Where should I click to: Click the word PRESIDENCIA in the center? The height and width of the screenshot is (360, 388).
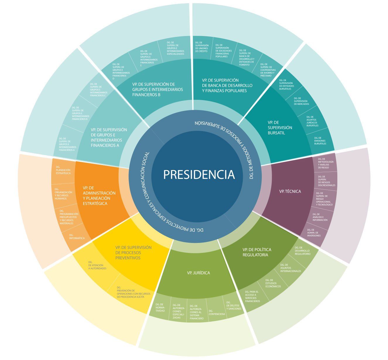[x=199, y=174]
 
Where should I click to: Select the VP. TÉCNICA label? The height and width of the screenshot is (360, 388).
[x=290, y=191]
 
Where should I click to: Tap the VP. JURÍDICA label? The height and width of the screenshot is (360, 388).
[x=199, y=273]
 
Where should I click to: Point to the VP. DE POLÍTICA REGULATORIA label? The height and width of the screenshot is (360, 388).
[x=257, y=252]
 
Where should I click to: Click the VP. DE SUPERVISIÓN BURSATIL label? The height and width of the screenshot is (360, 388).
[x=280, y=128]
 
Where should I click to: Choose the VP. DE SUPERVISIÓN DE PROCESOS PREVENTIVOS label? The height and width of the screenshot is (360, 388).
[x=133, y=253]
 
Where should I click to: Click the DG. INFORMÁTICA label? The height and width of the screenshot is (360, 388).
[x=77, y=236]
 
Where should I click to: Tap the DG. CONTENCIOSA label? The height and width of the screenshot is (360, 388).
[x=217, y=313]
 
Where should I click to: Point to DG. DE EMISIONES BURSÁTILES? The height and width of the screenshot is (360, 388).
[x=320, y=141]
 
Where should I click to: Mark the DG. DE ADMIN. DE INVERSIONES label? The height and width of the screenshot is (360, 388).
[x=314, y=233]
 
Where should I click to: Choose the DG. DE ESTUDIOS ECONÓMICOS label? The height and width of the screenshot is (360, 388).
[x=273, y=283]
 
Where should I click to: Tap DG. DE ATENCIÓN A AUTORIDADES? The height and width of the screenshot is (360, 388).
[x=97, y=265]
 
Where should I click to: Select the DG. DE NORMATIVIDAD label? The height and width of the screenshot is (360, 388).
[x=160, y=308]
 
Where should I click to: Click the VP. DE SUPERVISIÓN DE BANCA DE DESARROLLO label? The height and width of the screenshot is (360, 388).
[x=227, y=85]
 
